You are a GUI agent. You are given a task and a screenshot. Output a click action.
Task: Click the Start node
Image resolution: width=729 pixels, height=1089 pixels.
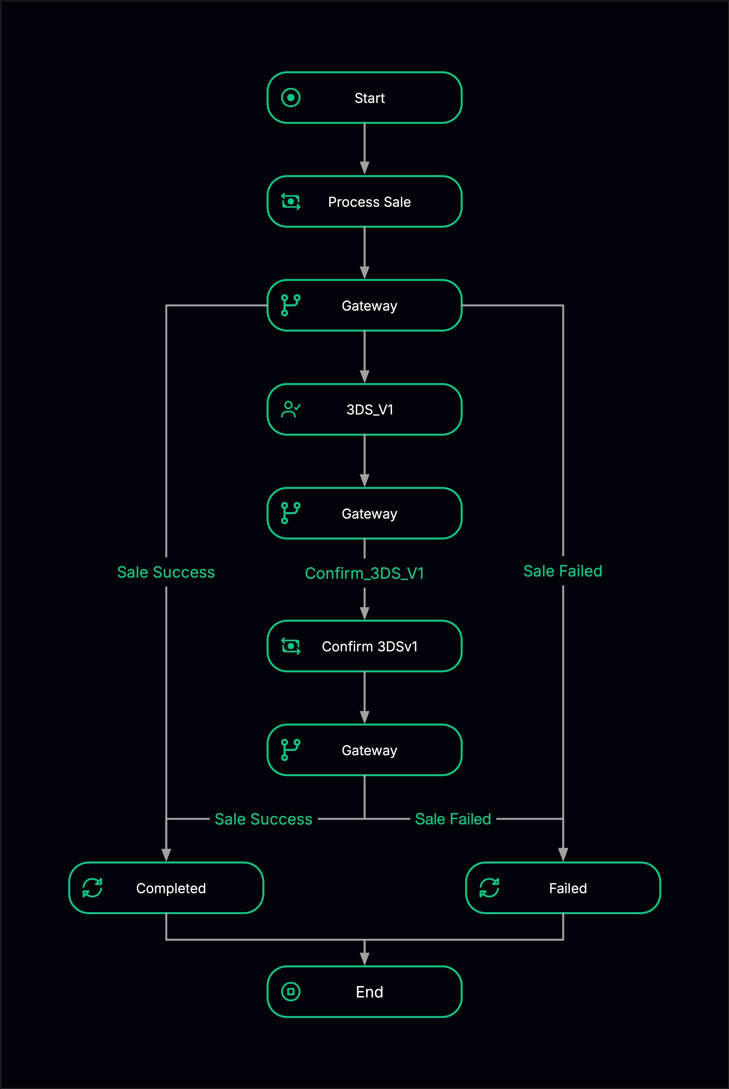[364, 98]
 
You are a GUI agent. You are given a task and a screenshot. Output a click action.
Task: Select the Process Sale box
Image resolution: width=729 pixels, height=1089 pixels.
[364, 202]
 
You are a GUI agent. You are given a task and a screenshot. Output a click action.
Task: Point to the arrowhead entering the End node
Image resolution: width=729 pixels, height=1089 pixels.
[364, 959]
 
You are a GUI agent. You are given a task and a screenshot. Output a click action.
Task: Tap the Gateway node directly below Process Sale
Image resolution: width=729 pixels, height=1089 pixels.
[364, 306]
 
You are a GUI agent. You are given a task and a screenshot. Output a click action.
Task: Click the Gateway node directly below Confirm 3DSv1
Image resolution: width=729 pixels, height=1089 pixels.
[364, 750]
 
